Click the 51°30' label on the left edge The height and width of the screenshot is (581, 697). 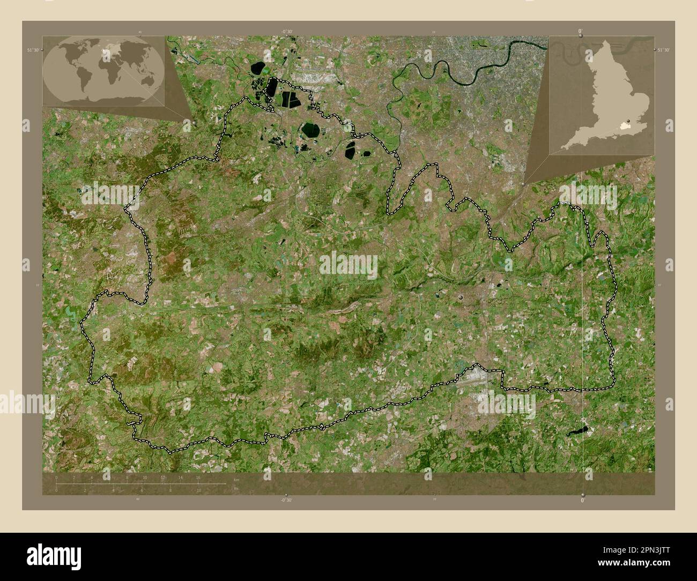point(33,49)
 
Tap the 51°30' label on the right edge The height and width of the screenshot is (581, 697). point(663,49)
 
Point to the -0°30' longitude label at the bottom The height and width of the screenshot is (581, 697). point(287,500)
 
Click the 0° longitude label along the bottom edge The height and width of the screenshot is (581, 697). point(583,500)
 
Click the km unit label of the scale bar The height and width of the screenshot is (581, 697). point(236,479)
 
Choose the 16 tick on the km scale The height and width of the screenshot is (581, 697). point(198,477)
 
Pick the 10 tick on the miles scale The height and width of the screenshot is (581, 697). point(198,490)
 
